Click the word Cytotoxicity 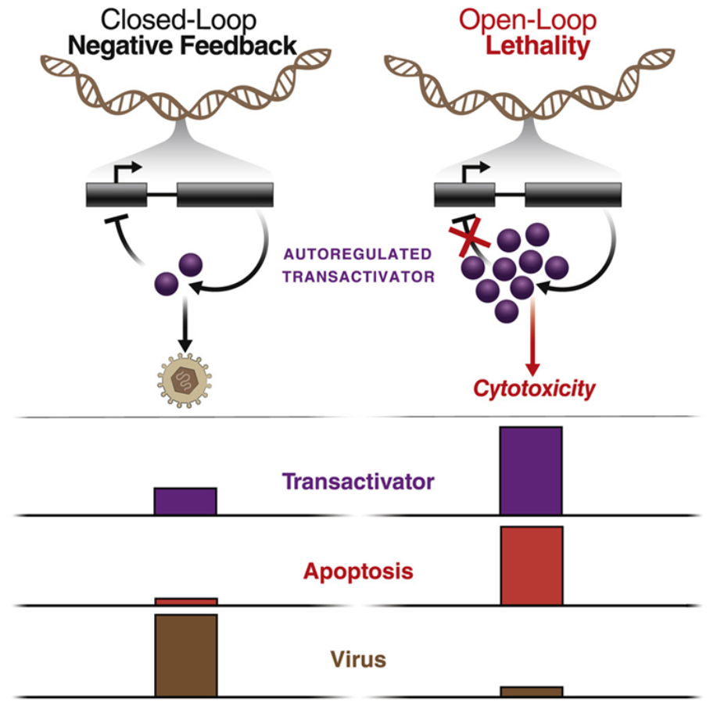(534, 389)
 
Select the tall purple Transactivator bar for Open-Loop (531, 471)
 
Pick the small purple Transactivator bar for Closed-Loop (185, 501)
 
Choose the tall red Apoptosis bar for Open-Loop (532, 565)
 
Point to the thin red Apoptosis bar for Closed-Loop (186, 601)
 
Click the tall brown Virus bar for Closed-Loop (186, 655)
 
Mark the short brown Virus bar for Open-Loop (532, 691)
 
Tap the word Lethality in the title (537, 45)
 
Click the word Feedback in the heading (238, 45)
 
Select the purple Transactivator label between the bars (358, 482)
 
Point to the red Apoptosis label (358, 572)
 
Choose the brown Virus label (358, 659)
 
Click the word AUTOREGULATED (357, 254)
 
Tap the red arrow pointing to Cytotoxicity (532, 336)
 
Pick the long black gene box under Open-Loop (573, 195)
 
